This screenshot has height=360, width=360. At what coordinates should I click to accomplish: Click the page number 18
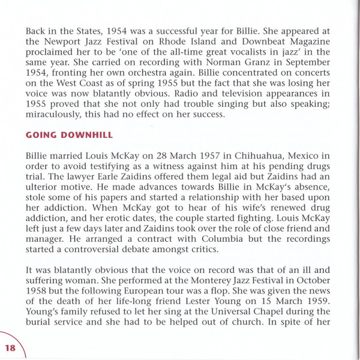click(x=11, y=347)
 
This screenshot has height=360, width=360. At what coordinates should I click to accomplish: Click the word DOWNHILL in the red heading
click(x=79, y=136)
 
